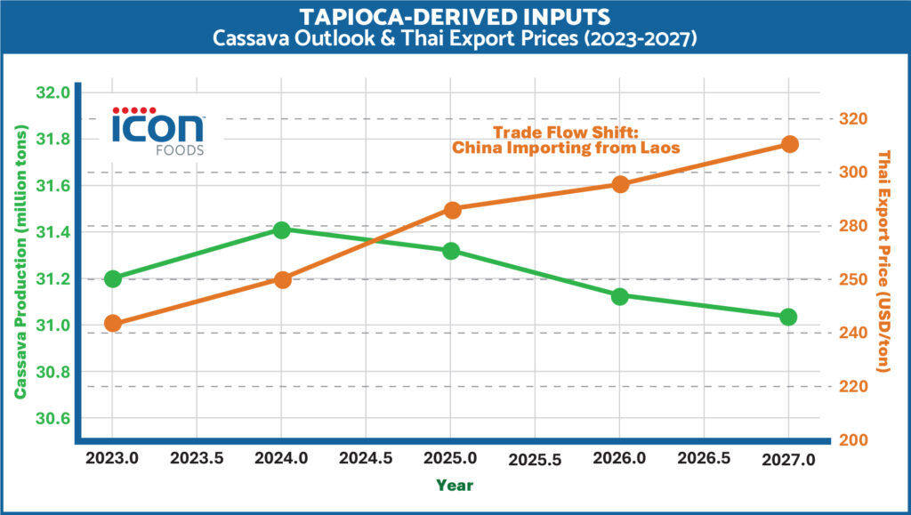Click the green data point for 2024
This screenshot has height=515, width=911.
click(x=282, y=230)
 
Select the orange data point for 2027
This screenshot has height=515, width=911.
click(x=789, y=144)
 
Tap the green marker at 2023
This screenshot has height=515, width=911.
click(x=113, y=278)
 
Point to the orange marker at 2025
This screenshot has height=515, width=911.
click(x=452, y=210)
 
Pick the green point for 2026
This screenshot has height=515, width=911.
click(x=620, y=295)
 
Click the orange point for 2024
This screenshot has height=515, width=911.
click(x=282, y=279)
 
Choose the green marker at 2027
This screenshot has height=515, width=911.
click(x=788, y=317)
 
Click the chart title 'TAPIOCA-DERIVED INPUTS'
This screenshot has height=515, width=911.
click(x=455, y=18)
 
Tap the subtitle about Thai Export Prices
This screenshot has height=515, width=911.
click(x=455, y=39)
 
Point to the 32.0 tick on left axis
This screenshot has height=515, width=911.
click(x=53, y=93)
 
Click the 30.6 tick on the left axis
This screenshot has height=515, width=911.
click(x=53, y=418)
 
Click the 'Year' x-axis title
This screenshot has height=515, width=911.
click(x=455, y=486)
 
